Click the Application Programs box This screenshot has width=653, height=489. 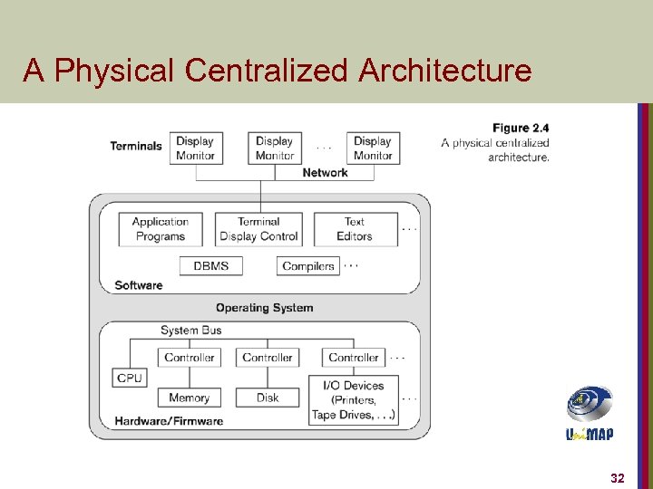[160, 229]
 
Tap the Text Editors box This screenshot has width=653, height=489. [355, 229]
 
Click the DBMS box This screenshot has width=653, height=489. [210, 266]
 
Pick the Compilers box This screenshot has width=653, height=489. [308, 266]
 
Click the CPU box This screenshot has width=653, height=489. [130, 378]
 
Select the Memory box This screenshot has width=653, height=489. [189, 398]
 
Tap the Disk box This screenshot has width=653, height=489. [268, 398]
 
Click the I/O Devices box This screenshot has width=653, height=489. [354, 399]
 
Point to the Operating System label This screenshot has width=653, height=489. [264, 308]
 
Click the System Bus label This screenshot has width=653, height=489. [190, 331]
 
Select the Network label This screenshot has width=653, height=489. [325, 173]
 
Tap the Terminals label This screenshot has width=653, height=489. [136, 146]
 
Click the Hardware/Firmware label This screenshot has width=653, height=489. [169, 421]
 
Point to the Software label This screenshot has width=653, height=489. [139, 285]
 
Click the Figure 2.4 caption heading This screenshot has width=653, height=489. [521, 128]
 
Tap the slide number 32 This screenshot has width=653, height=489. [618, 477]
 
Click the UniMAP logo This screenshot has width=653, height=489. [590, 413]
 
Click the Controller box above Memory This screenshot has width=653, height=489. [189, 358]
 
